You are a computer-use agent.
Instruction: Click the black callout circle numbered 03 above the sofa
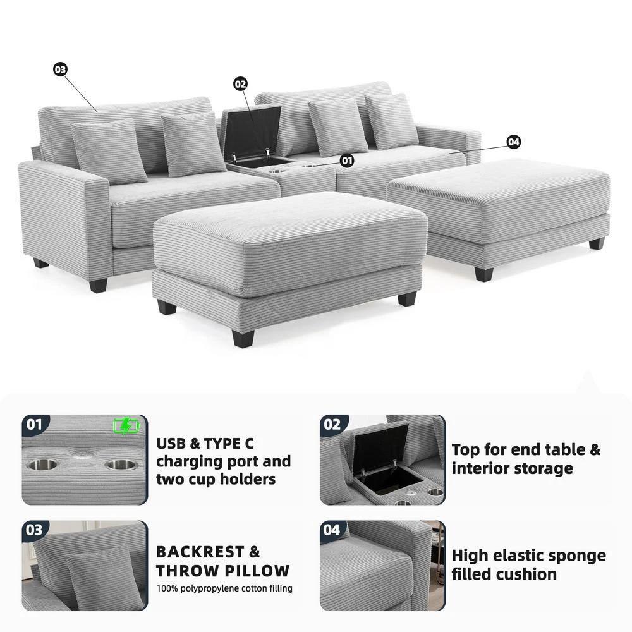click(x=60, y=70)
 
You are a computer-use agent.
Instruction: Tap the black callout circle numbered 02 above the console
click(x=240, y=84)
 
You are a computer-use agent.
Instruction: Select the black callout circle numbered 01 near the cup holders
click(x=346, y=161)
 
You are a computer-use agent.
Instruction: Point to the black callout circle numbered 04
click(x=513, y=142)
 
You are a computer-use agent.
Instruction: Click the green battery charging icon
click(x=126, y=427)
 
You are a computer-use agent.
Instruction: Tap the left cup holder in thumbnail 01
click(x=42, y=465)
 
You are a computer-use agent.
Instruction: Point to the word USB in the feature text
click(x=171, y=444)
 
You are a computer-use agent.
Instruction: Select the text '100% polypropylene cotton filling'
click(x=224, y=588)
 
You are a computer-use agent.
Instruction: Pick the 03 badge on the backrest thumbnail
click(x=35, y=530)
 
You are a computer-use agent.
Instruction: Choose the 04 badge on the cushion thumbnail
click(x=332, y=530)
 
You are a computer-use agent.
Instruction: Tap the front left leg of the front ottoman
click(x=243, y=337)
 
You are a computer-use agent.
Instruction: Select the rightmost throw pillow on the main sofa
click(x=392, y=121)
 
